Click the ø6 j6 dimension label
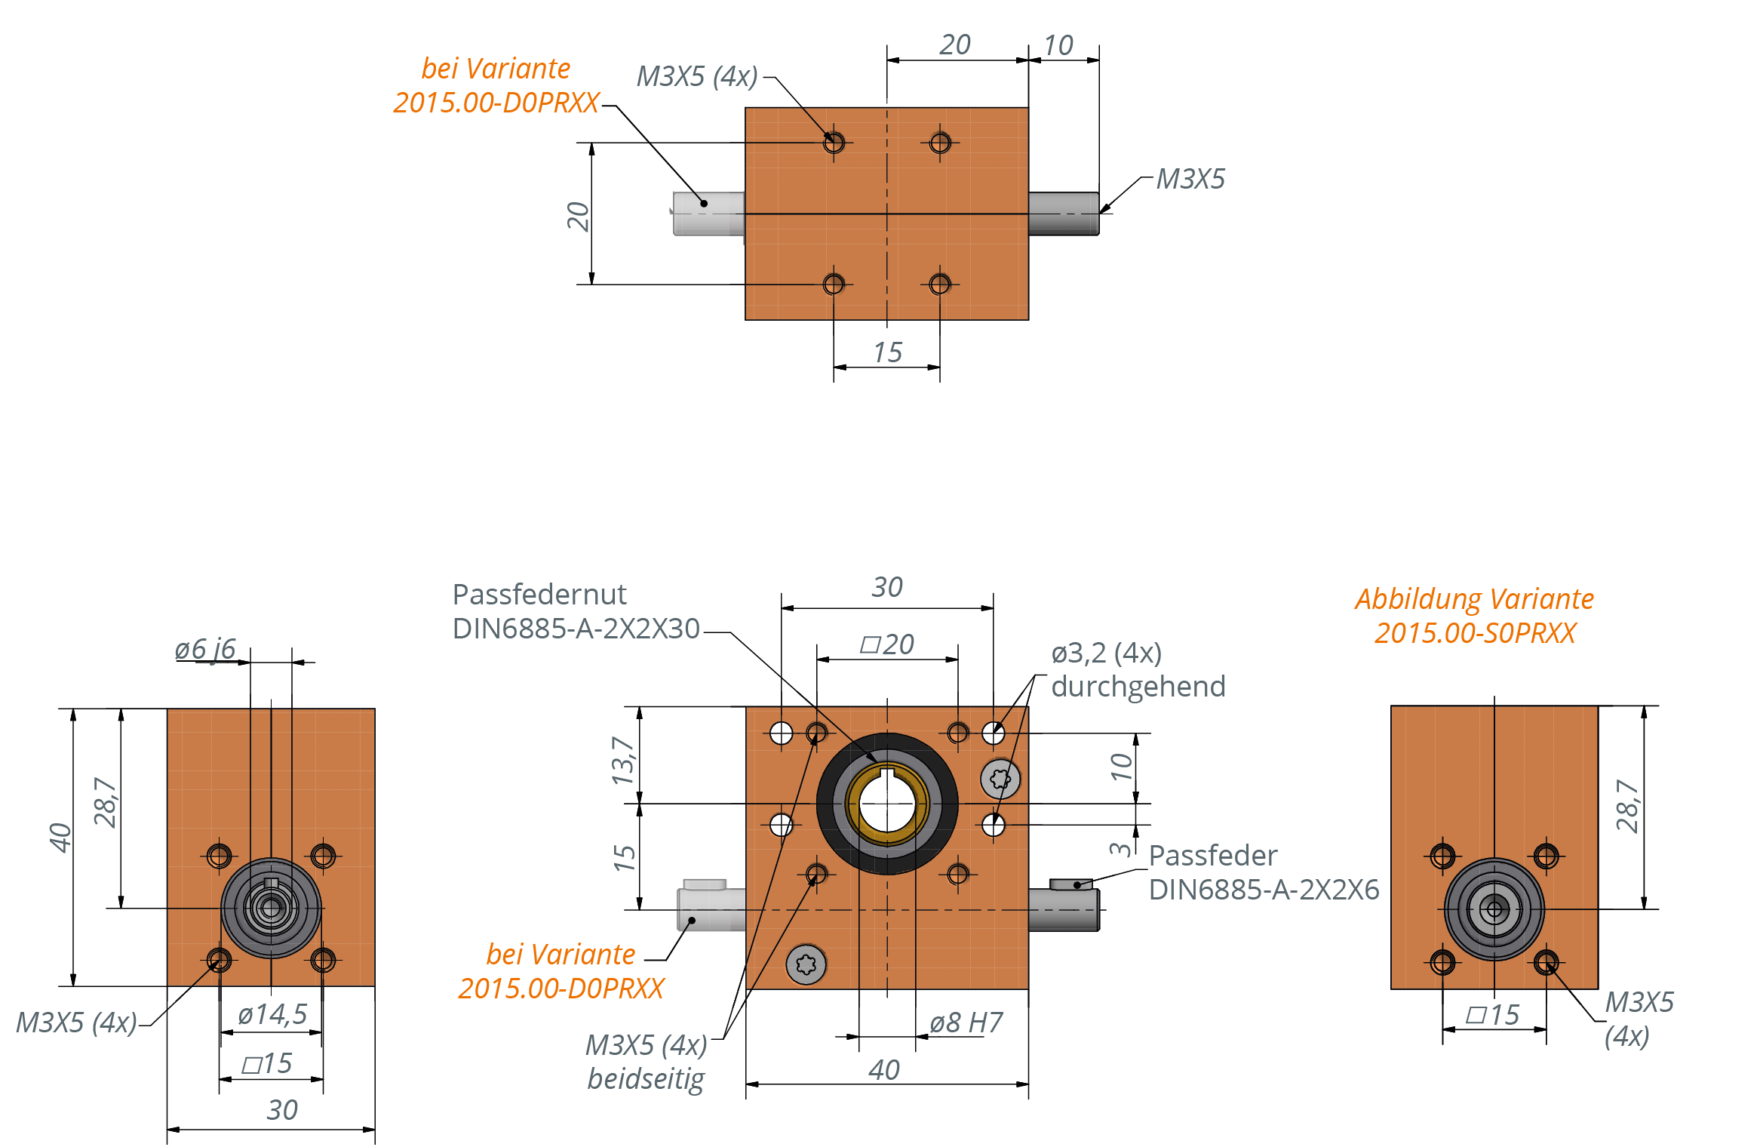(204, 649)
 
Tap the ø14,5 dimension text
(272, 1014)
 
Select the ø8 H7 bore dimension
(966, 1022)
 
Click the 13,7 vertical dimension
(623, 760)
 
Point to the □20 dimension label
(887, 644)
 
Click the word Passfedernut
(539, 595)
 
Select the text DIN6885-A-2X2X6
(1264, 890)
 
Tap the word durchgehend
(1138, 687)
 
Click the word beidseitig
(646, 1078)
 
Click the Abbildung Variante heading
(1474, 599)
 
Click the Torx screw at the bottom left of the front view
(806, 964)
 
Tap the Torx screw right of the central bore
(1000, 779)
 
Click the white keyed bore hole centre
(887, 804)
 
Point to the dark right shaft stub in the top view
(1063, 214)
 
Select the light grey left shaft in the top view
(708, 214)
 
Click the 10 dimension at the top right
(1058, 45)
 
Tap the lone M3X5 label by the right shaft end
(1190, 179)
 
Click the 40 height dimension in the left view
(60, 838)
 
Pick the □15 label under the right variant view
(1492, 1015)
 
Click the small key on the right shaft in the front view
(1070, 884)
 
